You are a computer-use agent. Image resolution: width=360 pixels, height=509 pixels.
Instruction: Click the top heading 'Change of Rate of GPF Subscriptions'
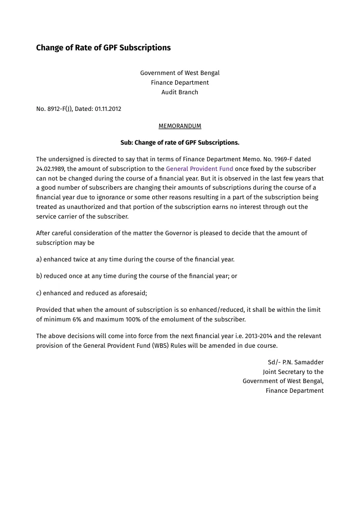click(103, 48)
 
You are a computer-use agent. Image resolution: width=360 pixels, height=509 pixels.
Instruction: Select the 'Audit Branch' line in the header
click(180, 92)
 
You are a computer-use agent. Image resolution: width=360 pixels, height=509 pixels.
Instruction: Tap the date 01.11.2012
click(108, 109)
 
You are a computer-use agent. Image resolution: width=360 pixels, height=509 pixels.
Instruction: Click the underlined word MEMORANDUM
click(180, 126)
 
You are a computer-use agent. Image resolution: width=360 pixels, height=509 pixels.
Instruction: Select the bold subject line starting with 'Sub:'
click(180, 143)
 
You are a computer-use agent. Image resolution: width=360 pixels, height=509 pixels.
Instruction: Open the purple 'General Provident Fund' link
click(199, 169)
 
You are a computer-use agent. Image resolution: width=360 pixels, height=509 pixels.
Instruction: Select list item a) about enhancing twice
click(135, 259)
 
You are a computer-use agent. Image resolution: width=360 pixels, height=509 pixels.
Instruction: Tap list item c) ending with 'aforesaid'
click(92, 293)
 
